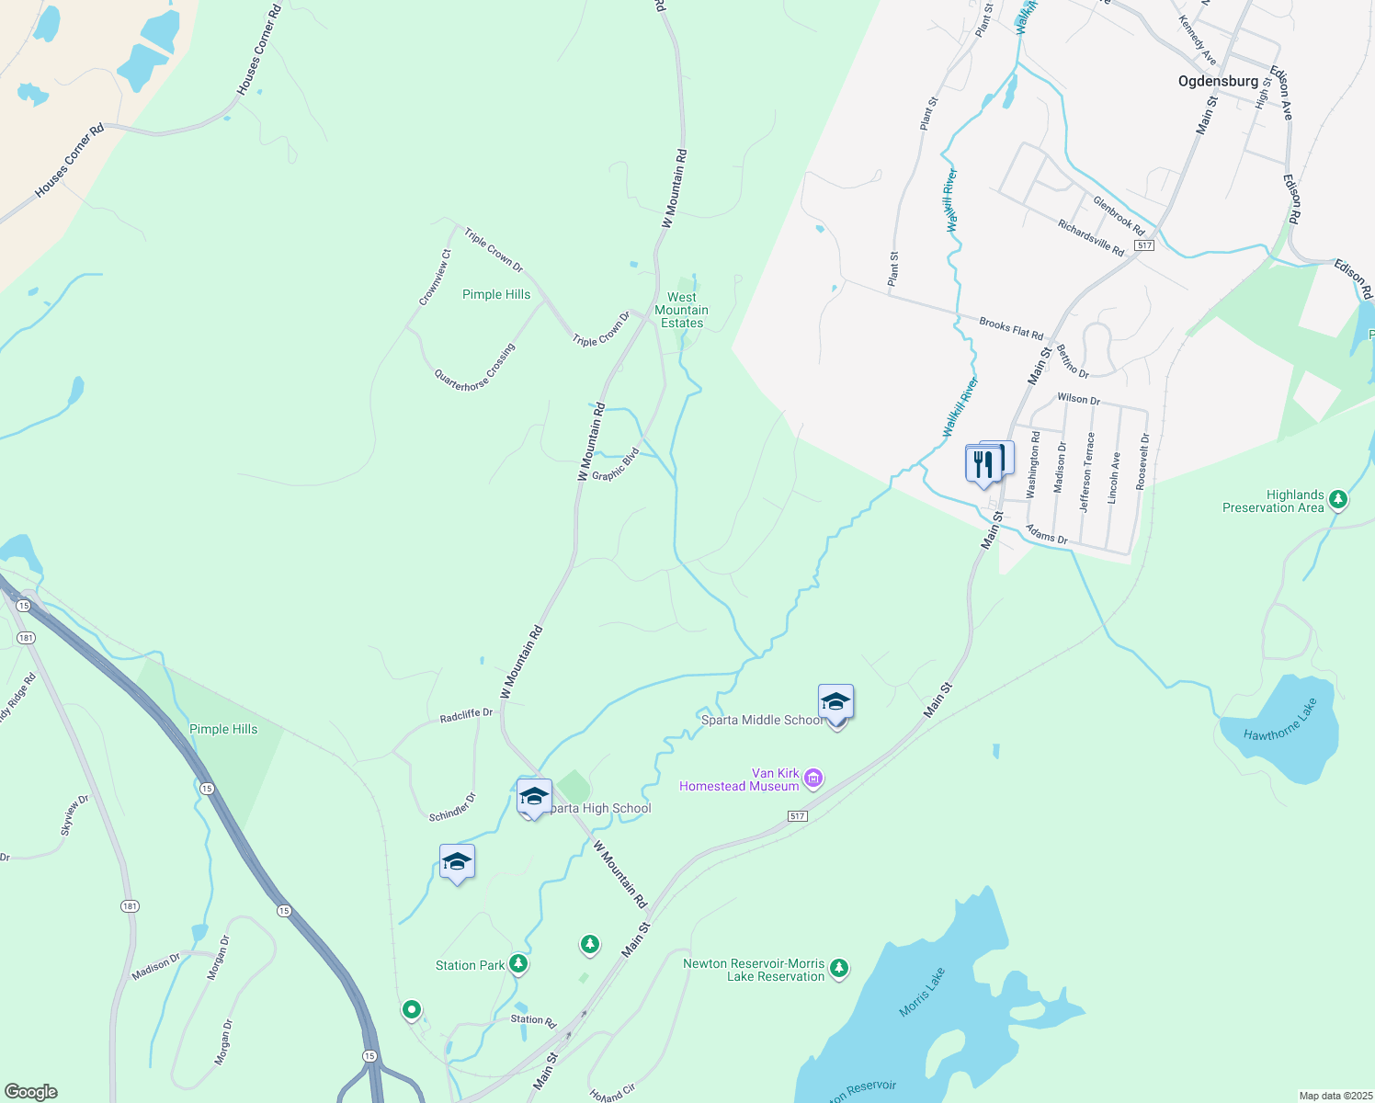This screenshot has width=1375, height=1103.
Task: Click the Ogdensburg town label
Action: (1218, 81)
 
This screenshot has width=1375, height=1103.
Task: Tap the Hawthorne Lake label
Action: (1280, 720)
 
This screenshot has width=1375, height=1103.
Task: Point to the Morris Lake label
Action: (922, 992)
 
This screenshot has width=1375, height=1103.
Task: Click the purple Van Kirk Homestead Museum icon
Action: (812, 779)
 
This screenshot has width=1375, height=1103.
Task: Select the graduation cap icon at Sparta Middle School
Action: (835, 702)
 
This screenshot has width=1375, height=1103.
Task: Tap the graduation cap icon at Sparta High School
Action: (534, 796)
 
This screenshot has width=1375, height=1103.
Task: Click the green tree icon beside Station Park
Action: (518, 963)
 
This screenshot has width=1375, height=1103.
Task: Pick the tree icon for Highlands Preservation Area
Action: (1338, 500)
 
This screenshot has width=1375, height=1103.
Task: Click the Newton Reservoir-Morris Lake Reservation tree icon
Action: (838, 968)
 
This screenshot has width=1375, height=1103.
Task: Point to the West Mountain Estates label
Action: (682, 310)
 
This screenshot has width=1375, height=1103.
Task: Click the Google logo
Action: (31, 1092)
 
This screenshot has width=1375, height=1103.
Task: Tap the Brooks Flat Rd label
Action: (1011, 328)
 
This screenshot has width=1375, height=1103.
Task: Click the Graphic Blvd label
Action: (615, 464)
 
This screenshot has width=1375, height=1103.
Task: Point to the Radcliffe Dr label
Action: (466, 714)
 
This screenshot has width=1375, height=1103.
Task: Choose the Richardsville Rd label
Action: (1091, 238)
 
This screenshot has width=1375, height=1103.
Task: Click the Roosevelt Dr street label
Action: (1142, 461)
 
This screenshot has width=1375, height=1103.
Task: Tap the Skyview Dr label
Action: (74, 814)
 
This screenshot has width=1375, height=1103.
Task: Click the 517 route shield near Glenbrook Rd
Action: (1143, 245)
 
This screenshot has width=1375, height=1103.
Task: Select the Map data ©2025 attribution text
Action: (1335, 1096)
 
